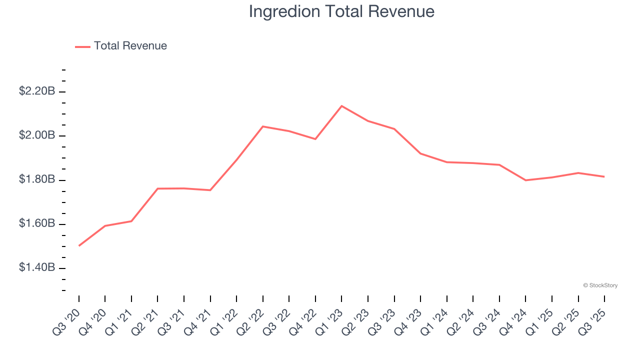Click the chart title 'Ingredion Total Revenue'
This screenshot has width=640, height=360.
(341, 11)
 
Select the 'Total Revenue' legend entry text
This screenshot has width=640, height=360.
(130, 46)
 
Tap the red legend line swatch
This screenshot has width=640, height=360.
(82, 46)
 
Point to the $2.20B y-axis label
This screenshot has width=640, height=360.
(37, 91)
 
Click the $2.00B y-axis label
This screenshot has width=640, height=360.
(37, 135)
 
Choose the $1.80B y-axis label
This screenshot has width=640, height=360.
(37, 179)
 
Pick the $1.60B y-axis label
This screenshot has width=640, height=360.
(37, 223)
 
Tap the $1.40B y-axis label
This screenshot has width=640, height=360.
(37, 267)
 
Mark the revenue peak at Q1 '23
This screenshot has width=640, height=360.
(341, 106)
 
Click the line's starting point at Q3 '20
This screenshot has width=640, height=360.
(79, 245)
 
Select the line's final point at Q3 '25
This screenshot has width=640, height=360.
(604, 176)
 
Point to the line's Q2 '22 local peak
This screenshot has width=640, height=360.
(263, 126)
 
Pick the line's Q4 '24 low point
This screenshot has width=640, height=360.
(525, 180)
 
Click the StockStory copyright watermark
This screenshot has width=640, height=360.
(600, 285)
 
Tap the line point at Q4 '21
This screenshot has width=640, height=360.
(210, 190)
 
